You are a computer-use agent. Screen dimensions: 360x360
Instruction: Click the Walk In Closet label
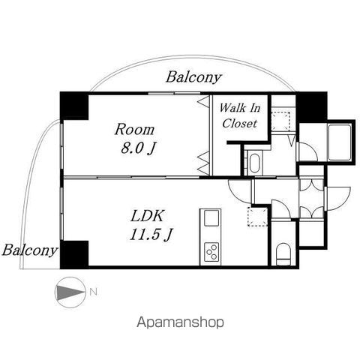point(240,115)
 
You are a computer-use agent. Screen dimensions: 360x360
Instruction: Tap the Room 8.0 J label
point(135,139)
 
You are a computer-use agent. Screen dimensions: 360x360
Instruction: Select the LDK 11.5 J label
point(151,225)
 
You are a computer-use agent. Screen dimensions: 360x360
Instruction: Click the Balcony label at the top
point(193,77)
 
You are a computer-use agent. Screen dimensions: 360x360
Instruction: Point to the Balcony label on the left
point(29,250)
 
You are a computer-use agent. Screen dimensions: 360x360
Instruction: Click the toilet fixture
point(283,253)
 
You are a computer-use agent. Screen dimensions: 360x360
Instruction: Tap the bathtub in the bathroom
point(340,142)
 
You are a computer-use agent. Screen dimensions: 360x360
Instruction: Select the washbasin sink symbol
point(255,163)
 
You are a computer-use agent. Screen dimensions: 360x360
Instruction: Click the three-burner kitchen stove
point(211,252)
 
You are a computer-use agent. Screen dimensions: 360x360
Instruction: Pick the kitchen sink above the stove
point(211,218)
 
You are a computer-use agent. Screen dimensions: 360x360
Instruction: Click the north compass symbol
point(70,292)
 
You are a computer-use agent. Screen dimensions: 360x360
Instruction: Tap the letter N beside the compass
point(93,292)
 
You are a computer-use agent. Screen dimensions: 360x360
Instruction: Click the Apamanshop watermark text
point(180,322)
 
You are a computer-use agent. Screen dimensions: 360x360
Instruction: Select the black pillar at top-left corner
point(74,106)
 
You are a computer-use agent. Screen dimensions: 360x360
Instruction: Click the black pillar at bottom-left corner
point(74,255)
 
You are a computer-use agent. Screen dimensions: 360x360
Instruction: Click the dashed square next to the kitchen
point(258,217)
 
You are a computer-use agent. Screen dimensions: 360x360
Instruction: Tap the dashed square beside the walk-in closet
point(280,121)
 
